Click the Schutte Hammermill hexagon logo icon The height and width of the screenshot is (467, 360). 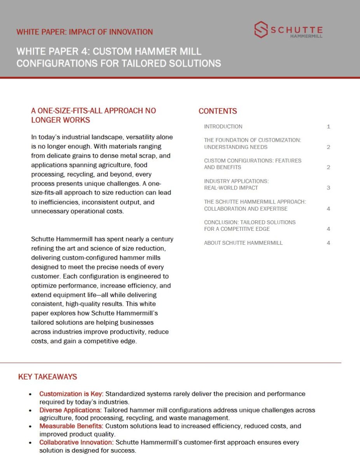click(x=261, y=30)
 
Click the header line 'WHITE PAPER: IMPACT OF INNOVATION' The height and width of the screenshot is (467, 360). click(x=84, y=32)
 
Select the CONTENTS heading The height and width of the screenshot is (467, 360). click(x=218, y=111)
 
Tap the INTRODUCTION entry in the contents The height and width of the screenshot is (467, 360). click(x=223, y=126)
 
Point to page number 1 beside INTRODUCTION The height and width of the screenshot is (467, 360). click(x=329, y=126)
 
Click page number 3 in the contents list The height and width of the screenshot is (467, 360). click(x=329, y=188)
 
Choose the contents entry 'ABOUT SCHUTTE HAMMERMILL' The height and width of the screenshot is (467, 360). click(x=243, y=243)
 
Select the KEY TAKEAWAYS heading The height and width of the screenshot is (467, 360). click(x=47, y=377)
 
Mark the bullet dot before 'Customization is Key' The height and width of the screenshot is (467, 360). click(x=30, y=394)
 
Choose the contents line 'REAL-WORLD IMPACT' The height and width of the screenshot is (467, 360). click(x=231, y=188)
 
